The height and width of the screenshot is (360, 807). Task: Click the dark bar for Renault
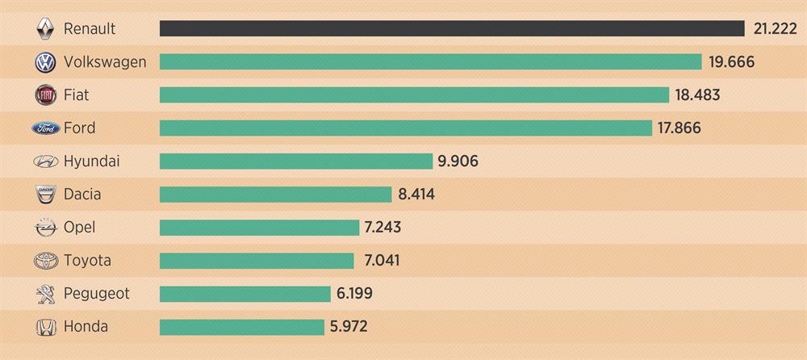[x=452, y=29]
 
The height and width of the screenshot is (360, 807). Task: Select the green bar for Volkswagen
[x=430, y=62]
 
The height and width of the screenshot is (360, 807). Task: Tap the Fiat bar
[x=414, y=95]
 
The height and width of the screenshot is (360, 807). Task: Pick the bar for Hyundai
[x=296, y=161]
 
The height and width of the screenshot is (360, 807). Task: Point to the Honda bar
[x=241, y=327]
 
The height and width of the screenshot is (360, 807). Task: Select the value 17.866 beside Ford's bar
[x=679, y=128]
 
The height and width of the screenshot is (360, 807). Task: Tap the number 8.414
[x=416, y=195]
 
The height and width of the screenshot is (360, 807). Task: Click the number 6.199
[x=354, y=294]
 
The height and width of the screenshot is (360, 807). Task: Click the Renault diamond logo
[x=46, y=29]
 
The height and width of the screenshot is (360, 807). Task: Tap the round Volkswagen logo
[x=46, y=62]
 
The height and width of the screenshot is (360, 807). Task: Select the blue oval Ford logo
[x=46, y=128]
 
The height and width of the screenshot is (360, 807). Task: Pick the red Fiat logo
[x=46, y=95]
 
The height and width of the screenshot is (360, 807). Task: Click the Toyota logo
[x=46, y=261]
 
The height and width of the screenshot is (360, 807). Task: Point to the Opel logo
[x=46, y=228]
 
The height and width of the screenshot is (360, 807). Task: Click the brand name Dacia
[x=82, y=195]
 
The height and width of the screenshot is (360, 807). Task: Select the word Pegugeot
[x=96, y=294]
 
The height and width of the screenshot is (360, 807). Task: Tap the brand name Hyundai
[x=91, y=161]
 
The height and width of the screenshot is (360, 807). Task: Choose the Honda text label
[x=86, y=327]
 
